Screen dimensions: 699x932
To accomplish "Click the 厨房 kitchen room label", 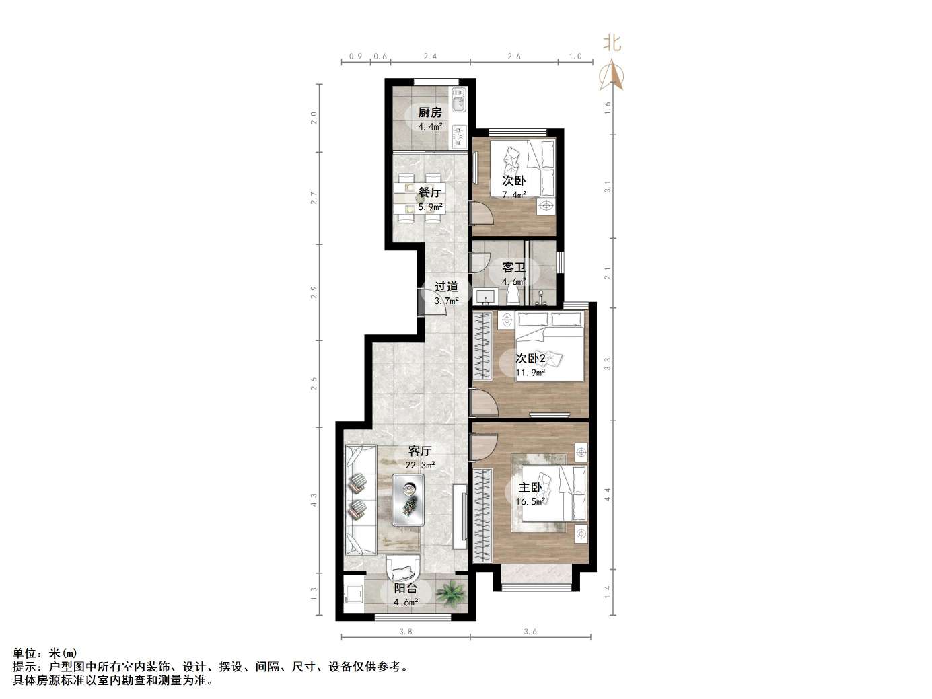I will tap(430, 112).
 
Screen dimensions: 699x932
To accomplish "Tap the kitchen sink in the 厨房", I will tap(459, 103).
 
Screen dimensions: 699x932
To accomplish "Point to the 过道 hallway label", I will tap(446, 287).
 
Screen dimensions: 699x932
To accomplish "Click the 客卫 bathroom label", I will tap(514, 268).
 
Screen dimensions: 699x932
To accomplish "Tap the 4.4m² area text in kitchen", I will tap(431, 126).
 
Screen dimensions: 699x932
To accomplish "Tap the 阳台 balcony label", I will tap(406, 589).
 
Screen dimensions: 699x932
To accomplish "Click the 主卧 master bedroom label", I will tap(530, 487).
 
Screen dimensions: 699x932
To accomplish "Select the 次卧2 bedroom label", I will tap(530, 358).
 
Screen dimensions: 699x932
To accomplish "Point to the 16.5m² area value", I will tap(530, 501).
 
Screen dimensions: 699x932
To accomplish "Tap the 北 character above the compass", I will tap(612, 44).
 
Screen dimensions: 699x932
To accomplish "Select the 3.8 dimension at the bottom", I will tap(405, 632).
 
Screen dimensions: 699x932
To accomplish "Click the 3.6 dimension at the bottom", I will tap(530, 632).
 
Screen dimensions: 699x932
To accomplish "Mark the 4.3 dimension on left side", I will tap(314, 501).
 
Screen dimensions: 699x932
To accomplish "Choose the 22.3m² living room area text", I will tap(420, 465).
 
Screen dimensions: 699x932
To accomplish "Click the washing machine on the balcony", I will tap(353, 595).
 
